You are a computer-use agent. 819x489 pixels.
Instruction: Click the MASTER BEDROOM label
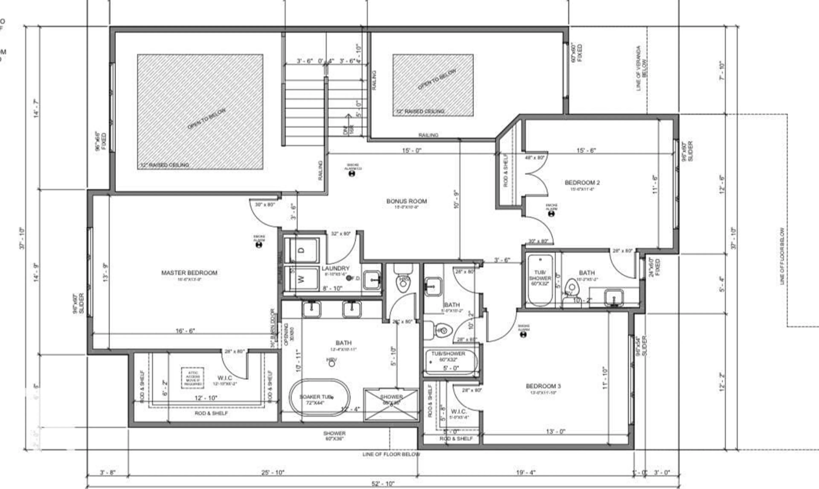(189, 273)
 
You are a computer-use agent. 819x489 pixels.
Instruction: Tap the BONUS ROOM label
(406, 201)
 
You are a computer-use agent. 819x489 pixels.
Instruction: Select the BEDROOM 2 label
(582, 182)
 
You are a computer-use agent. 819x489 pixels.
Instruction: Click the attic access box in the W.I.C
(193, 378)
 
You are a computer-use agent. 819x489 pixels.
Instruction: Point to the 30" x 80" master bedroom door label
(265, 205)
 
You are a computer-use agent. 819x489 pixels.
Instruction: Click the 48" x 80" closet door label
(534, 158)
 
